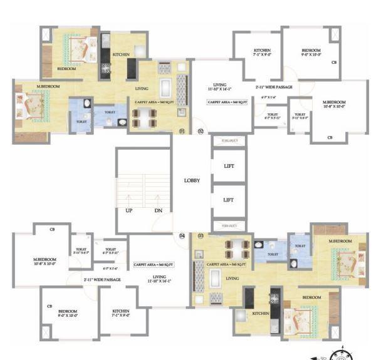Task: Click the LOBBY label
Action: tap(192, 180)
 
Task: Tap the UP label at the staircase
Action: tap(128, 210)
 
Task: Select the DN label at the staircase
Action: tap(159, 210)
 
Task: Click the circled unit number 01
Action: tap(182, 131)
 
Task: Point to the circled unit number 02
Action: tap(201, 131)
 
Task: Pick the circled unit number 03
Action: tap(201, 236)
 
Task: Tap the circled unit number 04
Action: tap(182, 236)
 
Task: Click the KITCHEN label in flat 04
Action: tap(120, 311)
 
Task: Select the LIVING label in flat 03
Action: tap(232, 278)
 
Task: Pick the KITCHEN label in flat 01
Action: tap(121, 54)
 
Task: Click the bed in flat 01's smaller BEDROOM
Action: tap(77, 47)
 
